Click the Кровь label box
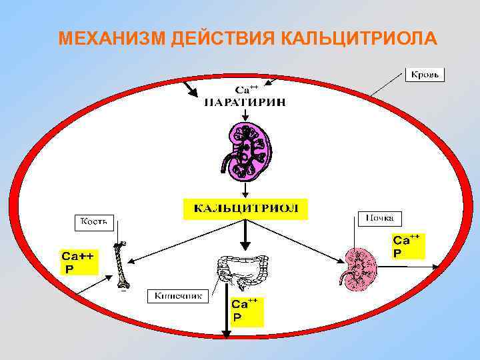click(425, 75)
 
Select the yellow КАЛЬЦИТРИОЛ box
click(245, 208)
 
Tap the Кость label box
click(95, 221)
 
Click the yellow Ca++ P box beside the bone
click(76, 262)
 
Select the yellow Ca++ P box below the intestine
click(246, 311)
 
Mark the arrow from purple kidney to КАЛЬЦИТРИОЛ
click(245, 189)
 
